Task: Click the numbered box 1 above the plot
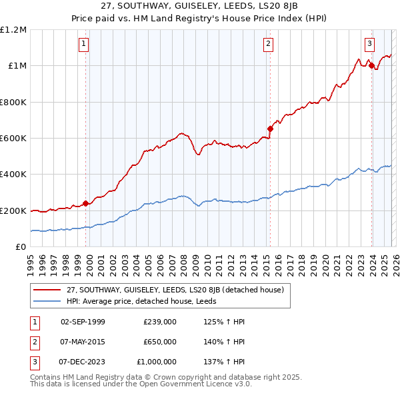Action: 84,45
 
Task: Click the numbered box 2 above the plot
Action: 268,45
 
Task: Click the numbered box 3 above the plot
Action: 369,45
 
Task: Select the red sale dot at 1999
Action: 85,204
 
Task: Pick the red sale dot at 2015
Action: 270,129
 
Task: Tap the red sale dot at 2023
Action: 371,65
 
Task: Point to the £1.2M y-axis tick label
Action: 13,30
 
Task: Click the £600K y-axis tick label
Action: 13,139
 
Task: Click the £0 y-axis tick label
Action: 21,247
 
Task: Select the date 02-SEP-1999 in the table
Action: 83,322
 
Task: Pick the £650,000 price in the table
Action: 159,342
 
